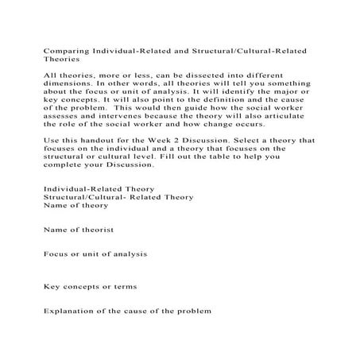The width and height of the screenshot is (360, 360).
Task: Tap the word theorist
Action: coord(93,230)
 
